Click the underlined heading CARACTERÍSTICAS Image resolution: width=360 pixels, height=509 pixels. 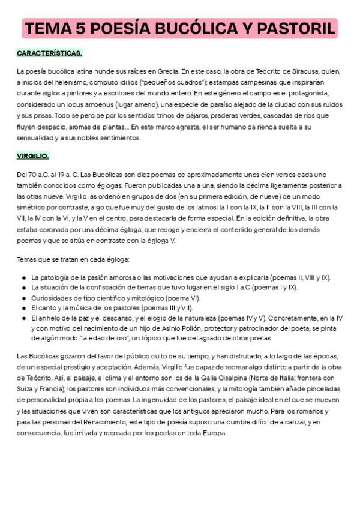click(x=50, y=53)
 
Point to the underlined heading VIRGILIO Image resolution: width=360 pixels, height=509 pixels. click(x=33, y=156)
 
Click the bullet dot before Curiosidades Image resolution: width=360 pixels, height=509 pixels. click(x=23, y=298)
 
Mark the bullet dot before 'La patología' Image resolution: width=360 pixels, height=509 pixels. click(x=23, y=277)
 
